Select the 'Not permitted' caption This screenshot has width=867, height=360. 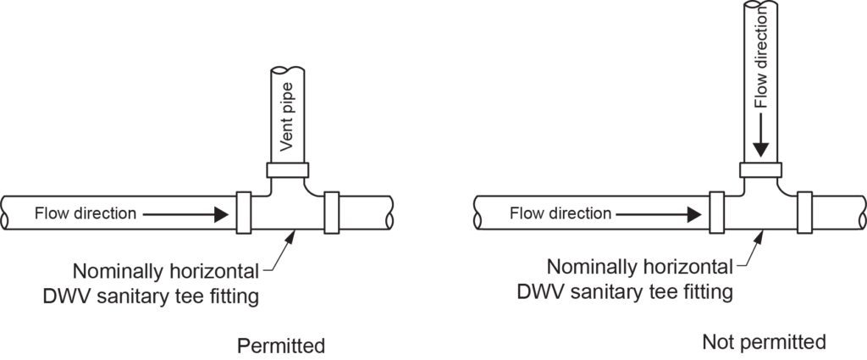764,342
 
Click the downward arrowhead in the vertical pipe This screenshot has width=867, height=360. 760,148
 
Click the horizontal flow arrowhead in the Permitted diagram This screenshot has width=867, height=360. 222,213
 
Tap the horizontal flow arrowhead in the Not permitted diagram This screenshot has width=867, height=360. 696,213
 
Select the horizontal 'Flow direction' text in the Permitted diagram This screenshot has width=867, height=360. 85,213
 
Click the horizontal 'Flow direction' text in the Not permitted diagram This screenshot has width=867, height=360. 560,213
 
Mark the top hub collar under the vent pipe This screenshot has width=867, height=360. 285,169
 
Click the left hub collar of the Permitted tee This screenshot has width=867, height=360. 243,213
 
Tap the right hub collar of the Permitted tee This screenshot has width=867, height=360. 331,213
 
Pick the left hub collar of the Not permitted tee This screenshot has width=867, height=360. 717,213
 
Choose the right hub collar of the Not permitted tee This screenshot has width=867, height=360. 805,213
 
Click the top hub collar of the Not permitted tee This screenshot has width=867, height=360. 760,169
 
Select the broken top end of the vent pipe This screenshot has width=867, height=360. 285,70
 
